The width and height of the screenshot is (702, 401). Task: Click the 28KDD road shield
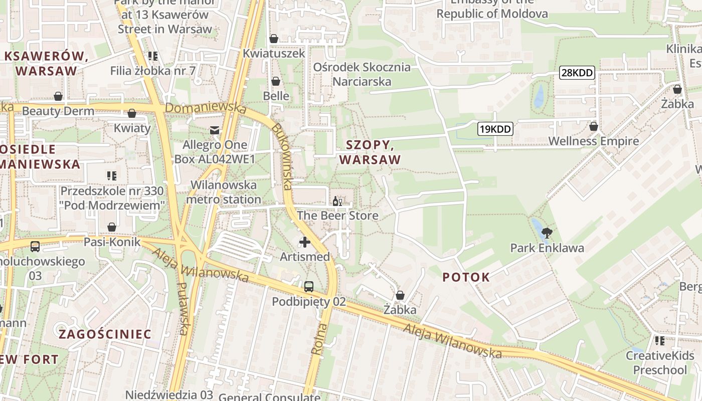(577, 73)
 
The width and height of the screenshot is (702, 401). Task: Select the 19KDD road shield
(495, 129)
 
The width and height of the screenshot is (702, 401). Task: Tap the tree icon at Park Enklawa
(547, 233)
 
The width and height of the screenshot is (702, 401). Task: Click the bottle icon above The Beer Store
(337, 202)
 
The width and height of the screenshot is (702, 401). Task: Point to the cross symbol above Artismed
(304, 243)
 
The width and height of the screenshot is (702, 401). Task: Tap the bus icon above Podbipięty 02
(309, 287)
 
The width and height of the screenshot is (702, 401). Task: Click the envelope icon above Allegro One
(215, 130)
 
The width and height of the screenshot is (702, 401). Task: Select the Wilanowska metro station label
(223, 192)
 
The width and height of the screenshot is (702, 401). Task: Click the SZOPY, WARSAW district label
(370, 152)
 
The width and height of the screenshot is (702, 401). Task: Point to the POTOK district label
(466, 277)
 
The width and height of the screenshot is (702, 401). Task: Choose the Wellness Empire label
(594, 141)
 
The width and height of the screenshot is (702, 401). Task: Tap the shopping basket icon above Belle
(276, 81)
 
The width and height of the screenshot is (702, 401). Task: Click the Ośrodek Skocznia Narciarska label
(362, 74)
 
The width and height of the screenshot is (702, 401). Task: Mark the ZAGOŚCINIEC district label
(105, 334)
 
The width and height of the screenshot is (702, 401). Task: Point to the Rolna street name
(319, 339)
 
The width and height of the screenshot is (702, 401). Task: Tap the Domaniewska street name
(206, 108)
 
